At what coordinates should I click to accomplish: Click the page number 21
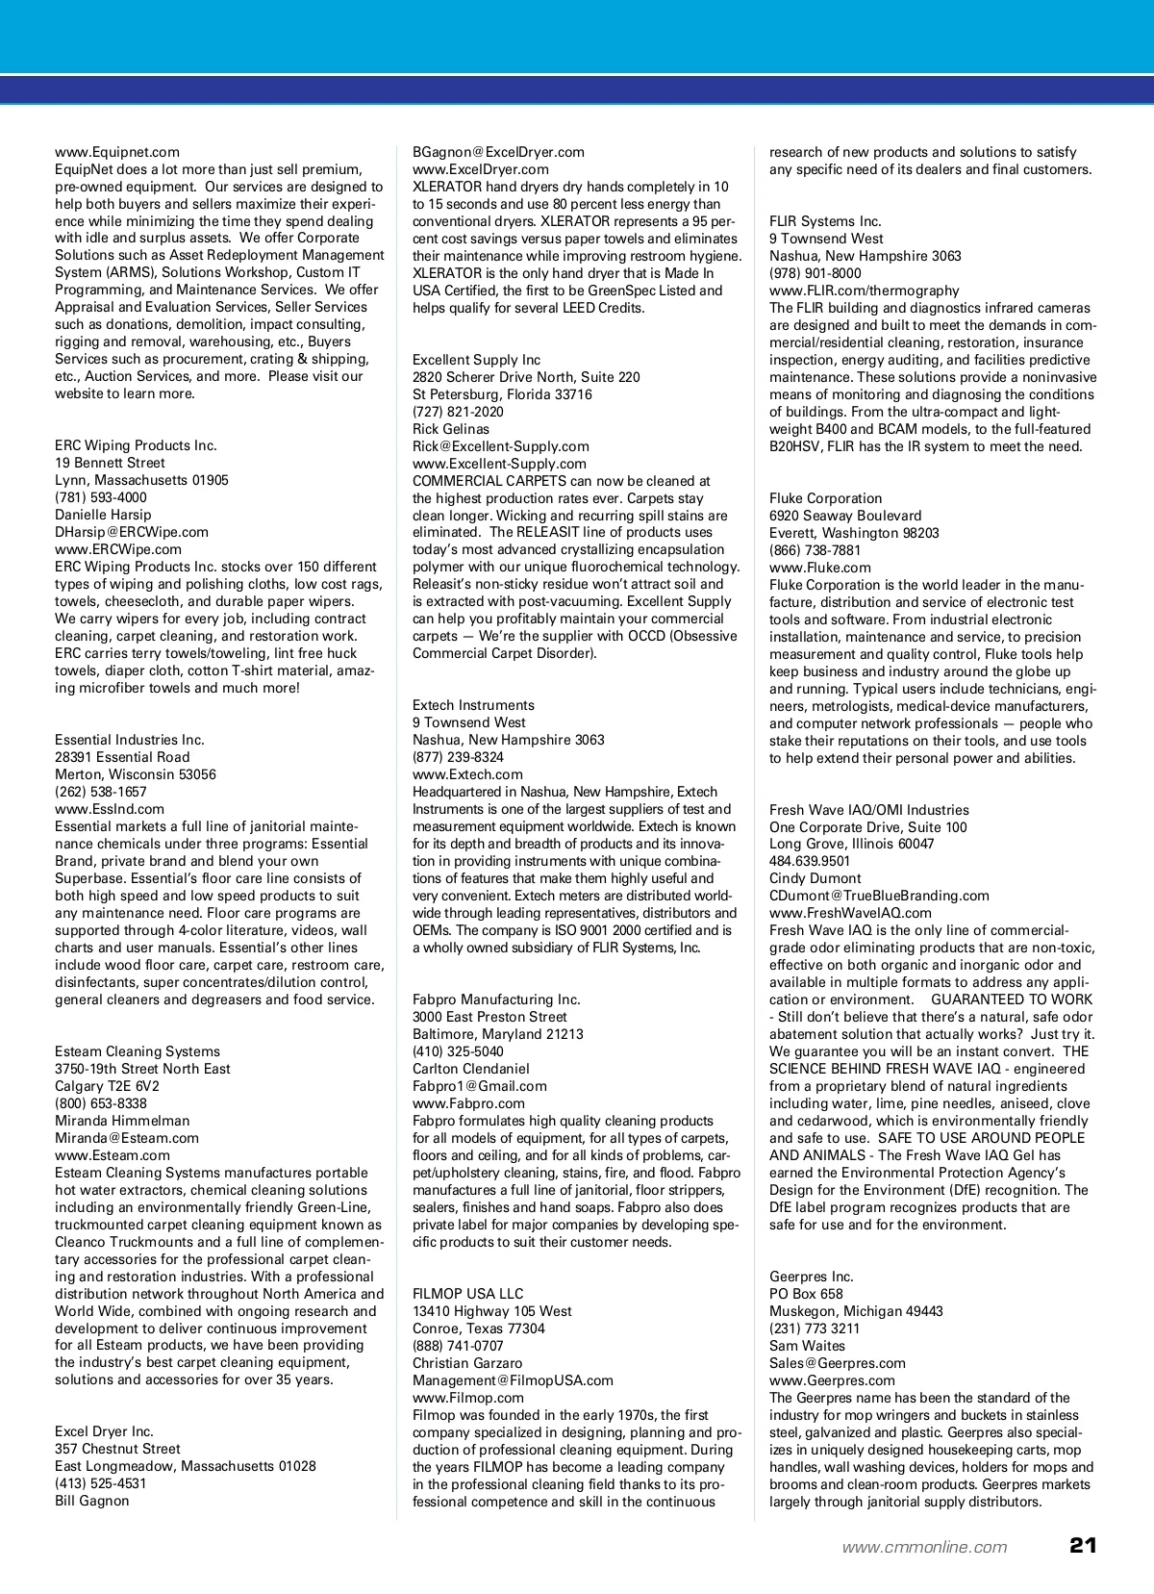point(1082,1546)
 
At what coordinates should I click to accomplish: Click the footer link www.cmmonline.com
point(924,1547)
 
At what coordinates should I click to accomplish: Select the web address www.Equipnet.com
point(117,152)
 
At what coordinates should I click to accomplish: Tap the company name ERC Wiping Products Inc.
point(136,445)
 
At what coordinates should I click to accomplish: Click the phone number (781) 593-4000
point(101,497)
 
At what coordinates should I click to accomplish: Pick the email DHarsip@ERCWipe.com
point(132,532)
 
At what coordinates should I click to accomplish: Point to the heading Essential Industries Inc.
point(130,740)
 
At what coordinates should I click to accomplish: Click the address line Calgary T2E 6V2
point(107,1086)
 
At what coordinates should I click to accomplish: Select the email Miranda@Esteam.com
point(127,1138)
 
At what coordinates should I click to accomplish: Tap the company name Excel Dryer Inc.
point(104,1431)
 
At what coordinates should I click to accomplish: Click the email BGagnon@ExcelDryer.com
point(498,152)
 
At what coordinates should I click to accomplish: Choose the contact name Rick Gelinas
point(451,429)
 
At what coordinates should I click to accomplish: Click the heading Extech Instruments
point(473,705)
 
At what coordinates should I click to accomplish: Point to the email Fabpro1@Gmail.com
point(480,1086)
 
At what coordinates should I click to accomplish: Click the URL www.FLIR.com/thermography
point(865,291)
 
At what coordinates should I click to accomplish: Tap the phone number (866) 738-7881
point(815,550)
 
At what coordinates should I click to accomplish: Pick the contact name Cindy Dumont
point(815,878)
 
